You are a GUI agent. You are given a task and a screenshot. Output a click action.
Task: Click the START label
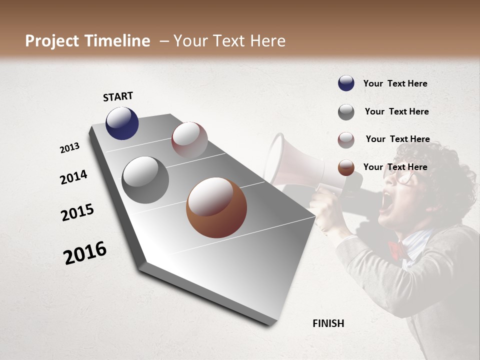tap(118, 96)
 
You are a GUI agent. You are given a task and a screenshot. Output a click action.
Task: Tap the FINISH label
tap(328, 323)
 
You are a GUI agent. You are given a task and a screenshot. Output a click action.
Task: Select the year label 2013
tap(70, 147)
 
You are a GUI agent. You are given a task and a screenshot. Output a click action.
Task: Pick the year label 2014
tap(73, 177)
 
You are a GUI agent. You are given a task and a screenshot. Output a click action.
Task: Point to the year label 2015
tap(77, 212)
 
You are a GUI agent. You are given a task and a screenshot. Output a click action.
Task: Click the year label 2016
tap(85, 252)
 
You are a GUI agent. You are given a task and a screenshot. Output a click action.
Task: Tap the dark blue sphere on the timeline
tap(122, 123)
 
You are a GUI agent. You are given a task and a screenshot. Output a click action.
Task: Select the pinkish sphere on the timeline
tap(189, 139)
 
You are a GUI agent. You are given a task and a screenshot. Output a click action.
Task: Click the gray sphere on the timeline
tap(145, 180)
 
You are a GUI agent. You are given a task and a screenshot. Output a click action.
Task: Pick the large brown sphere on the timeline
tap(216, 207)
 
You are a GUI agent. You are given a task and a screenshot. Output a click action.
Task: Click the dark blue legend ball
tap(346, 83)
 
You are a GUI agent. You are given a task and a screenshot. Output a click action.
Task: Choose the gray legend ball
tap(346, 112)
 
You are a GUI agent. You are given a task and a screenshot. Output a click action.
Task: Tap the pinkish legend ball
tap(346, 140)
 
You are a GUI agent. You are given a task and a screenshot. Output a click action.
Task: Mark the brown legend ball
tap(346, 167)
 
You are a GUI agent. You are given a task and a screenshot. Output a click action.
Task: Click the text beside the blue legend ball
tap(395, 84)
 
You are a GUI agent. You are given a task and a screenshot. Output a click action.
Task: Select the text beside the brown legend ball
tap(395, 167)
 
